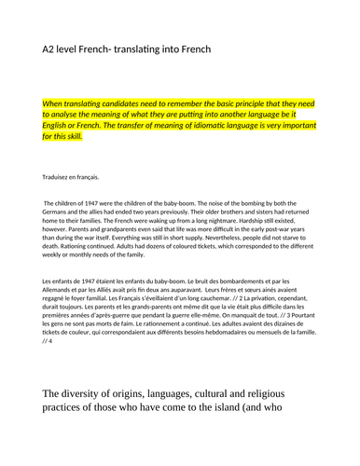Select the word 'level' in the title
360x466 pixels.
[75, 48]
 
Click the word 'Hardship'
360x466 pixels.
[256, 220]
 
